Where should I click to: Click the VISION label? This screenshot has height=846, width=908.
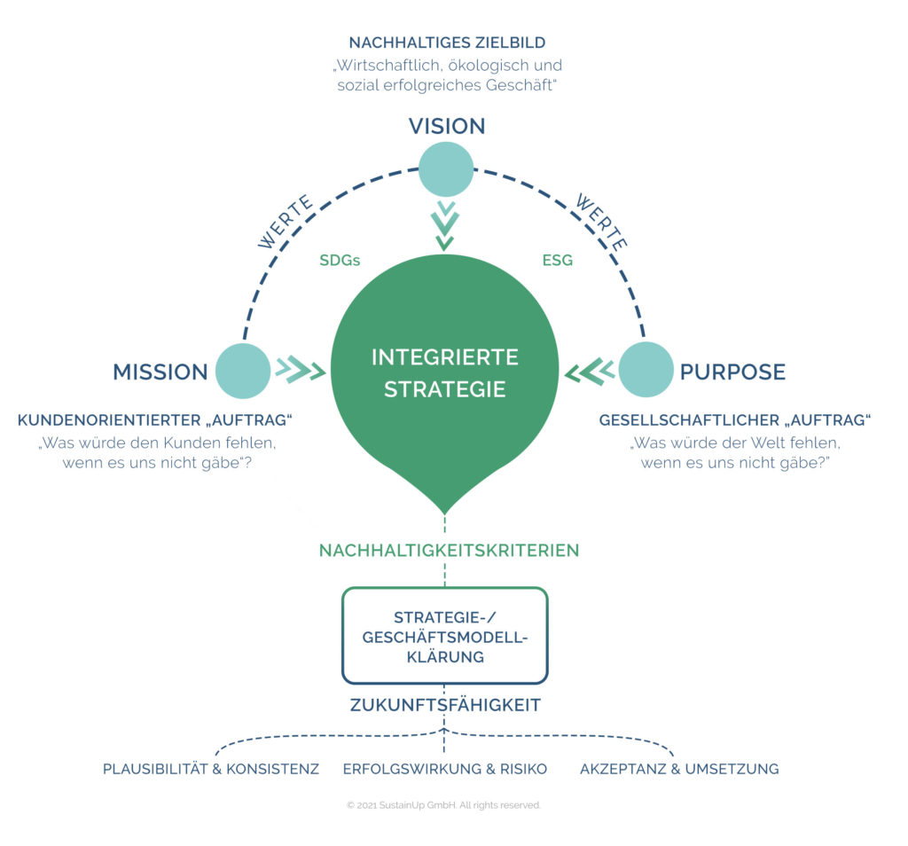[446, 126]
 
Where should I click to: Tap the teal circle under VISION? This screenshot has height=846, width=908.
[446, 169]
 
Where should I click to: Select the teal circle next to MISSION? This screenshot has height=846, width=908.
[243, 371]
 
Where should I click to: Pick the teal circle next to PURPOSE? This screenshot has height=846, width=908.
[646, 370]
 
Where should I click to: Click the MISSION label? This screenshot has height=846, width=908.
[160, 372]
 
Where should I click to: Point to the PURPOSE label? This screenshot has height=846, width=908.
[732, 372]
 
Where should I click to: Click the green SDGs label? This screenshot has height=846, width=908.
[339, 261]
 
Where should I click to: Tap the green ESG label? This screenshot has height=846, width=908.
[557, 261]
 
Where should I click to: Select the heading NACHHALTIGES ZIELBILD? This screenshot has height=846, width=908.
[447, 43]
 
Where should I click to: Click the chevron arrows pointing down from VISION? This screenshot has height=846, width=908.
[445, 225]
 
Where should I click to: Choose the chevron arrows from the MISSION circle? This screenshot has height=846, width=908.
[300, 369]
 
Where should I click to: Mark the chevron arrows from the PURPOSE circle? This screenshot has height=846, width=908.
[590, 370]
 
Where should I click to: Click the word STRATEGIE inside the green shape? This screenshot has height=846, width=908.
[445, 388]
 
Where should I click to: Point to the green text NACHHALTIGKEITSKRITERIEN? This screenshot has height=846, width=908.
[449, 551]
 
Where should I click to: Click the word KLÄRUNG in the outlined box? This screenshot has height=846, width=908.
[445, 657]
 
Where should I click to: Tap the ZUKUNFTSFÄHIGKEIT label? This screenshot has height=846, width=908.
[444, 706]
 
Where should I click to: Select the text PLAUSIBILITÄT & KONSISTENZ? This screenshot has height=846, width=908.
[211, 769]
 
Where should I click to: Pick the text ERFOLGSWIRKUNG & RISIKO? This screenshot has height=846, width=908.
[445, 769]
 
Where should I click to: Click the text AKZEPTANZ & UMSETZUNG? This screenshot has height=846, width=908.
[679, 769]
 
